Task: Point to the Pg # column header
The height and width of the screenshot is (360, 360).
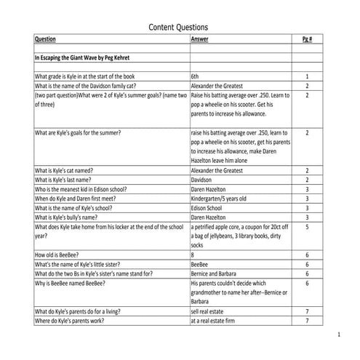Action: tap(307, 40)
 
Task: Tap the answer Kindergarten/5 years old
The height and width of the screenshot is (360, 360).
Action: tap(224, 198)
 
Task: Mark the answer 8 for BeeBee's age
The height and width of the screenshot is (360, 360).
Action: tap(193, 255)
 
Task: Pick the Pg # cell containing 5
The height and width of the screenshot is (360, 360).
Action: tap(307, 227)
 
